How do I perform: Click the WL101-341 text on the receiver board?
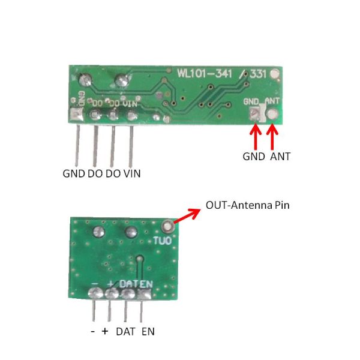click(205, 74)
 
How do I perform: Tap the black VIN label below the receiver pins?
click(132, 173)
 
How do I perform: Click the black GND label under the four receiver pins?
click(74, 173)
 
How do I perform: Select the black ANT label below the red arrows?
click(280, 157)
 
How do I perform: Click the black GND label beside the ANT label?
click(254, 157)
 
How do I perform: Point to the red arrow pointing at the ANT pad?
click(272, 137)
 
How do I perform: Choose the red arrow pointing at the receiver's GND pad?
click(256, 137)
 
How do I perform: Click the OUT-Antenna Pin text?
click(247, 205)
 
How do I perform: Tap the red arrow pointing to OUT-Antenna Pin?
click(187, 215)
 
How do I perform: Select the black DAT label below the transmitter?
click(125, 332)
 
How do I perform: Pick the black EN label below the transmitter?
click(148, 332)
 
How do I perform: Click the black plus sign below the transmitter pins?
click(105, 331)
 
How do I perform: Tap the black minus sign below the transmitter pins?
click(93, 332)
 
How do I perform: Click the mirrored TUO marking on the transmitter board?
click(163, 241)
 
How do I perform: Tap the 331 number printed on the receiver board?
click(258, 74)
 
